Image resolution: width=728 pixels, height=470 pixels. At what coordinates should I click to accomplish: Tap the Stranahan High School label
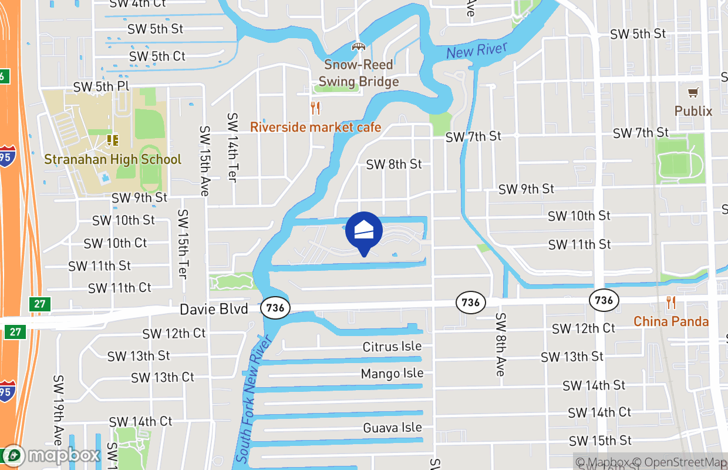[113, 159]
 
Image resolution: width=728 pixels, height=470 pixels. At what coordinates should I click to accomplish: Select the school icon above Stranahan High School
[112, 140]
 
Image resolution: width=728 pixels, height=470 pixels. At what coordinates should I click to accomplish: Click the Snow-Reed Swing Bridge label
[358, 73]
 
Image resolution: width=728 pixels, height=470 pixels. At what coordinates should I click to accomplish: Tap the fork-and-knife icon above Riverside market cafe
[315, 108]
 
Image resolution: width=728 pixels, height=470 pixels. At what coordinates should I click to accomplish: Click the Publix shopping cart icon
[693, 92]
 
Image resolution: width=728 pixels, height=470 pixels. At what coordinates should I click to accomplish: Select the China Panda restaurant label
[670, 321]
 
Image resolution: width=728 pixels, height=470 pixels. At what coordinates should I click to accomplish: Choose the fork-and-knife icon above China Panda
[671, 303]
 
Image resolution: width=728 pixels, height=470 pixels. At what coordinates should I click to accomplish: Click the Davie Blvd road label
[214, 309]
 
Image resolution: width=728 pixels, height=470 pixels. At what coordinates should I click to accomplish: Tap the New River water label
[476, 51]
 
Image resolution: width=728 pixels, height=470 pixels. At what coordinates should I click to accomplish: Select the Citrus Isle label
[392, 347]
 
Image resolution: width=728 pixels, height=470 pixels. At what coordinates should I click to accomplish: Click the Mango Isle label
[392, 374]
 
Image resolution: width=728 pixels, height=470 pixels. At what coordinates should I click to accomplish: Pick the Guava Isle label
[392, 428]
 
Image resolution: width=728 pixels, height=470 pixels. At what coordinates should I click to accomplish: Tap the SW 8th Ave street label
[500, 344]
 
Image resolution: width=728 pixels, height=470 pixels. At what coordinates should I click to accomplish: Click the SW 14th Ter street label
[232, 147]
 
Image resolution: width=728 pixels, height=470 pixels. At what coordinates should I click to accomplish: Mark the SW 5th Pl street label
[101, 86]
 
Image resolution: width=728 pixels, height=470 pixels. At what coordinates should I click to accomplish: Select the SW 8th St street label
[394, 164]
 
